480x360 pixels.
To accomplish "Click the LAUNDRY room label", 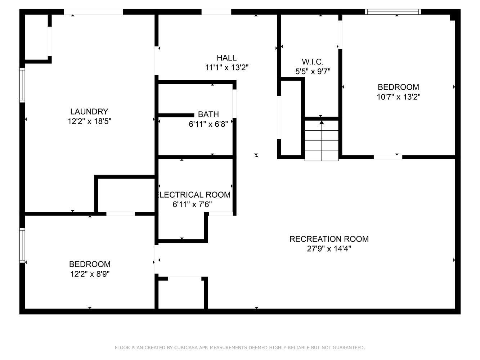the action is point(89,112).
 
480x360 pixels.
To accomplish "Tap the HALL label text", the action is point(226,58).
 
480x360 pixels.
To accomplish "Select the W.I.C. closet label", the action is point(313,62).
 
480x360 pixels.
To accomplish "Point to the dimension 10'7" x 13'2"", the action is point(398,97).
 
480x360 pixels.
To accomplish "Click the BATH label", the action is point(208,114).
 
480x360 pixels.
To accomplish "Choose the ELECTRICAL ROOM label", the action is point(194,194).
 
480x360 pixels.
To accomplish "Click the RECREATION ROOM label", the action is point(329,239).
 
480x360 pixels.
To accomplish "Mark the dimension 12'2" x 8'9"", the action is point(90,274).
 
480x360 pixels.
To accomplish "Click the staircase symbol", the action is point(322,140).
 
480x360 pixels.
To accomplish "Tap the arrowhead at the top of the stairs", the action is point(322,122).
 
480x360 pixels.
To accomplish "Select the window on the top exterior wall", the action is point(393,12).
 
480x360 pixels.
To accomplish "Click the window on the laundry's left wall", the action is point(22,85).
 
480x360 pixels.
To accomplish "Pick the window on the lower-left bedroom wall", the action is point(22,245).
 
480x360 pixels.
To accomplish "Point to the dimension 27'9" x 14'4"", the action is point(329,249).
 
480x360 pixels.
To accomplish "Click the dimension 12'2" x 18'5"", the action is point(89,121).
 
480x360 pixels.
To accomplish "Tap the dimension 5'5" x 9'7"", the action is point(313,72).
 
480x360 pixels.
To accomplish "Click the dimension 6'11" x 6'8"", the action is point(208,124).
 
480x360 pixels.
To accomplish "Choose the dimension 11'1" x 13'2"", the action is point(226,68).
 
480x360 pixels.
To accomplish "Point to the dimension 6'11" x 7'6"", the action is point(192,204).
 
